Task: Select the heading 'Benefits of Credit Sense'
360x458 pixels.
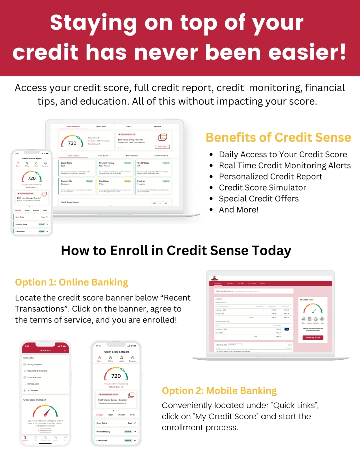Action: point(278,137)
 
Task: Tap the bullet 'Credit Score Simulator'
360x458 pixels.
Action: point(262,187)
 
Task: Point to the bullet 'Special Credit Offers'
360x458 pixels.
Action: point(259,198)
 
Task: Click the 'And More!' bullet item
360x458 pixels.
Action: point(239,209)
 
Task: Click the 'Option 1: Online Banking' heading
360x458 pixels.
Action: point(71,282)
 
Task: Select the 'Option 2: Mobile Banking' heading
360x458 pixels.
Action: point(219,390)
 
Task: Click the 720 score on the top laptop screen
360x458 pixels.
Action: point(72,143)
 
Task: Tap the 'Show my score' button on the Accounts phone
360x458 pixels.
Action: point(45,430)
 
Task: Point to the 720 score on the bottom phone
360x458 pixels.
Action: point(116,376)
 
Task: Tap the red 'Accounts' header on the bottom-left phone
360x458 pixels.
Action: point(45,350)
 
